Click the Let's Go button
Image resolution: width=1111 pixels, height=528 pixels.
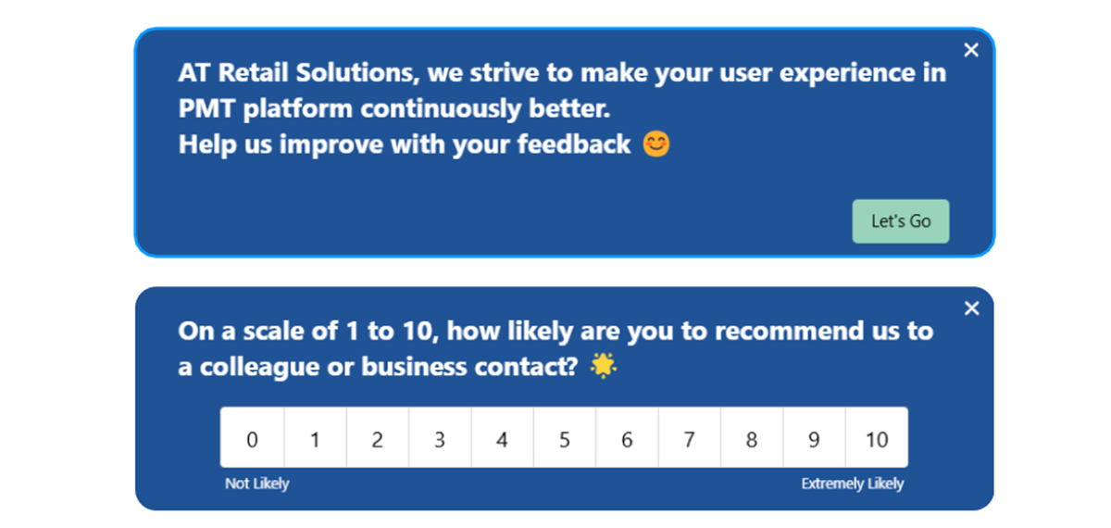click(900, 221)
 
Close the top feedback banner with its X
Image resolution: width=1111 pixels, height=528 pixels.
click(970, 50)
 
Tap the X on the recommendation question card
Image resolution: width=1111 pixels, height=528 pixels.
click(970, 308)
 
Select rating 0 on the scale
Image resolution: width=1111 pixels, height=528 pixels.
click(252, 438)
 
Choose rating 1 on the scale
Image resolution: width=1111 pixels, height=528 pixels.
click(315, 438)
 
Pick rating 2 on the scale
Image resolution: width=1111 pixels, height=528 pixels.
click(377, 438)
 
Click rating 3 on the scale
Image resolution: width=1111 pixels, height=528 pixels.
click(440, 438)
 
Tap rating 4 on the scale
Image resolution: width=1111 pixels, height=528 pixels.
click(502, 438)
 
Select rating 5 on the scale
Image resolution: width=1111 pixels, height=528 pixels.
click(565, 438)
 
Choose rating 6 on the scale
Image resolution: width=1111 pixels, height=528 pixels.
click(627, 438)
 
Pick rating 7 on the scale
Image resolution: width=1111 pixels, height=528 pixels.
click(689, 438)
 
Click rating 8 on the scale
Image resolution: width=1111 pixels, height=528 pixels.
click(752, 438)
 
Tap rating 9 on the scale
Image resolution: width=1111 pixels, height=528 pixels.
click(814, 438)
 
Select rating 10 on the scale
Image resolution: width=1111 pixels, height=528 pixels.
click(877, 438)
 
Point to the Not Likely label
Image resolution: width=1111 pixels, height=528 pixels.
click(257, 484)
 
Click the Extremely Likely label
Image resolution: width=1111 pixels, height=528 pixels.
click(852, 484)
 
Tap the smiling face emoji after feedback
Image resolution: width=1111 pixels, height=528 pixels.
click(655, 145)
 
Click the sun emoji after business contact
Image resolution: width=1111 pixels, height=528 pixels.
click(604, 367)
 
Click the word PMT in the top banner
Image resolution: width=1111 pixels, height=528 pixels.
click(206, 109)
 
